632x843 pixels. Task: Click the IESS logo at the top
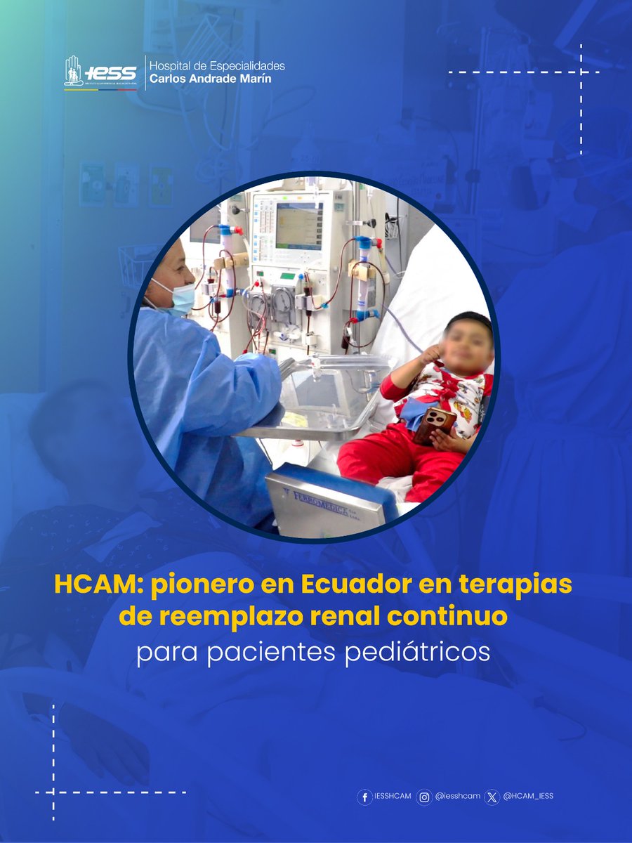point(100,73)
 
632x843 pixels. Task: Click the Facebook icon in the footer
point(364,797)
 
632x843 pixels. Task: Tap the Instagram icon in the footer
point(424,797)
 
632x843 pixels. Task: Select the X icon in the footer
point(492,797)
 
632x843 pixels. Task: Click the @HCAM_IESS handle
point(528,797)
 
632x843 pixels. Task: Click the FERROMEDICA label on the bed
point(322,503)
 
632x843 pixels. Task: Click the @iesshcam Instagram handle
point(457,797)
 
